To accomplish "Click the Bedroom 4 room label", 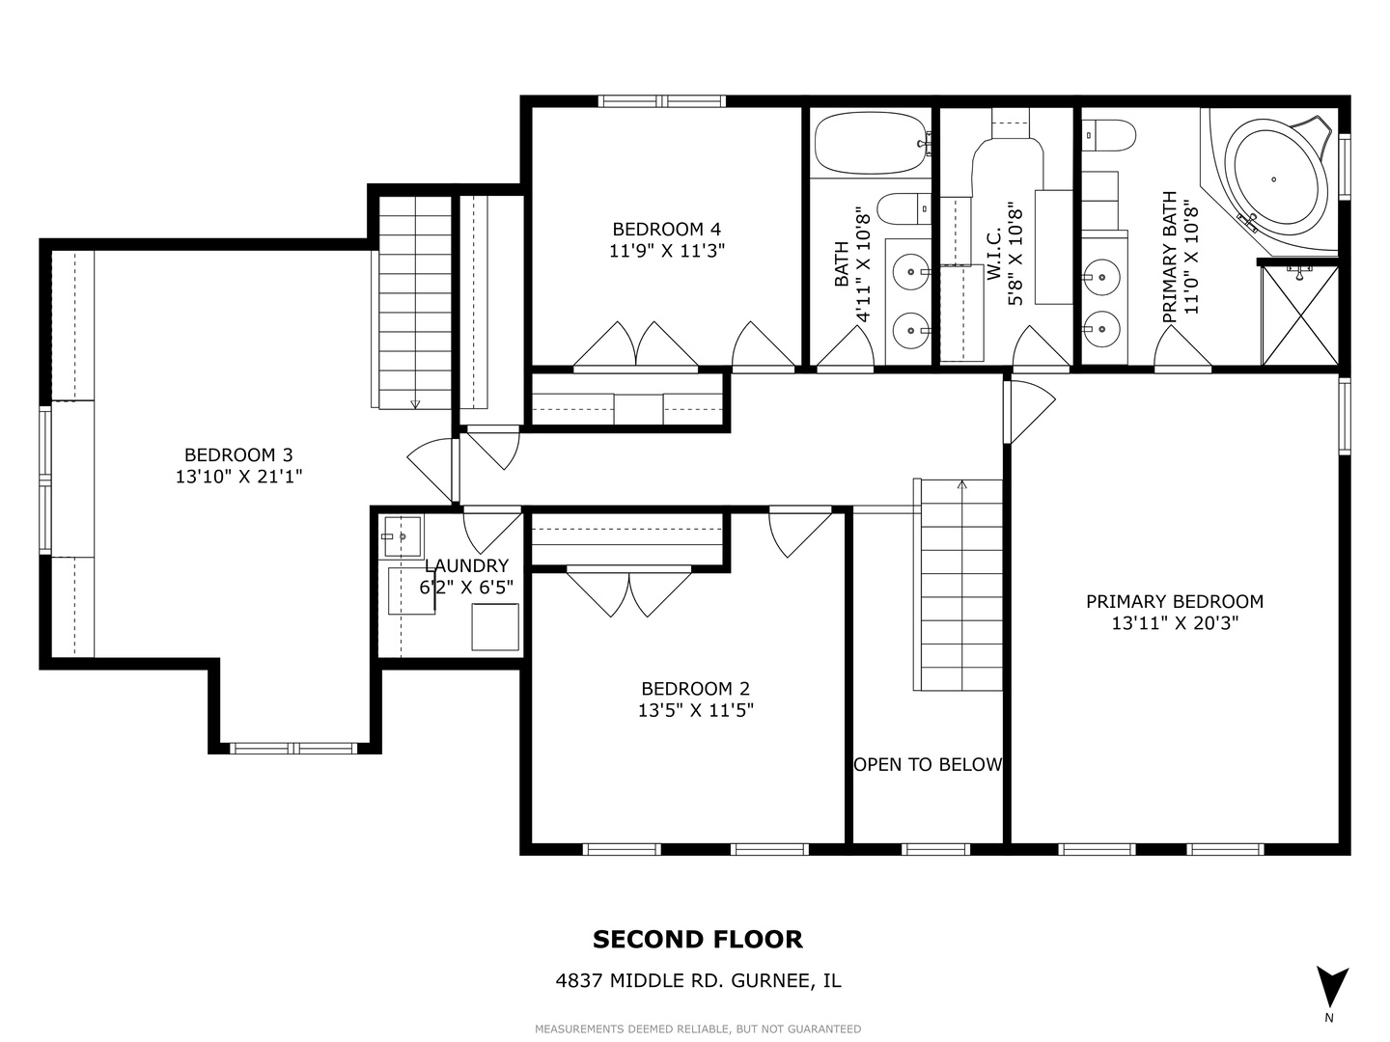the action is [666, 229].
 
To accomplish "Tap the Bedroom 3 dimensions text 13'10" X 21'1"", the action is [238, 476].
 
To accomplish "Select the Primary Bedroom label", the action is [1175, 601].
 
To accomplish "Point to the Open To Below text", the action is [928, 764].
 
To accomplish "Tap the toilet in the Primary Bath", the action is [1108, 135].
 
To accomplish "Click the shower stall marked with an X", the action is [1300, 315].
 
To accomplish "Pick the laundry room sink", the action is [403, 536].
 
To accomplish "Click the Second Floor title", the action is [697, 940].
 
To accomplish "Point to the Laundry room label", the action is [466, 565].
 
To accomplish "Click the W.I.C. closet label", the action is [993, 254].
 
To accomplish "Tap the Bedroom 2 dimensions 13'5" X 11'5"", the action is [695, 710].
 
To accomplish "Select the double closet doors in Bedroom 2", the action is [628, 592].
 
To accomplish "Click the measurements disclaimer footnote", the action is [698, 1028].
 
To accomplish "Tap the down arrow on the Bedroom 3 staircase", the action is [415, 403].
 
